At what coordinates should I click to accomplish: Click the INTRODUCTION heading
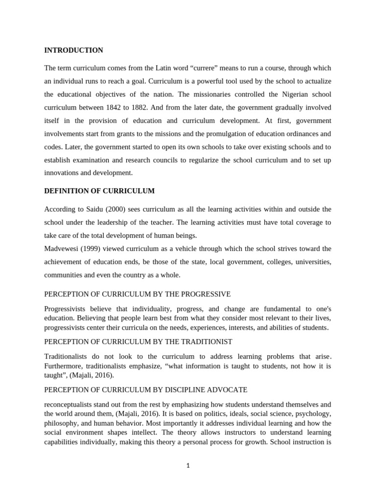click(73, 50)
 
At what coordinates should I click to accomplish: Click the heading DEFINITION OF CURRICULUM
click(99, 191)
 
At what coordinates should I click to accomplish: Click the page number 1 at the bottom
click(188, 466)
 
